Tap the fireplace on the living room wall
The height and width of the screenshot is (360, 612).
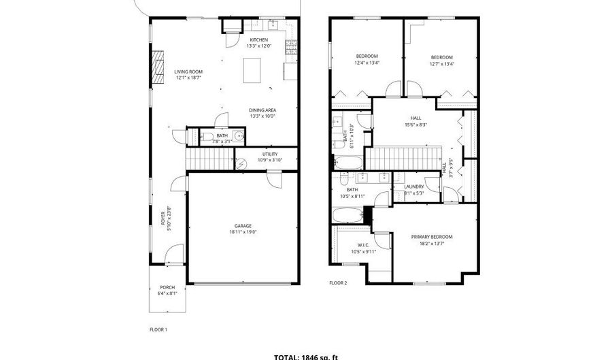158,67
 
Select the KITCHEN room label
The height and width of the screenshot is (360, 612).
259,39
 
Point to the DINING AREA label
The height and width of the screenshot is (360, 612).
262,110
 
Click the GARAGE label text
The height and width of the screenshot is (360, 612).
243,226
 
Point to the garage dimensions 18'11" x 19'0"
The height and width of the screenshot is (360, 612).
243,232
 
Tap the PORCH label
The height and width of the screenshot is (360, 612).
167,287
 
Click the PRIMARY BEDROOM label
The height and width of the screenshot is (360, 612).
431,237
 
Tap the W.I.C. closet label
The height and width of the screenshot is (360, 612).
362,246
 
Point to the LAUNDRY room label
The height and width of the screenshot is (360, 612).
413,186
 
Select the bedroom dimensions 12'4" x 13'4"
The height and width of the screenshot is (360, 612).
367,63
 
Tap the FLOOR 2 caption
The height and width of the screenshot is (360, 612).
338,282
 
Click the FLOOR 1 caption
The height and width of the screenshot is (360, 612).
158,329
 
